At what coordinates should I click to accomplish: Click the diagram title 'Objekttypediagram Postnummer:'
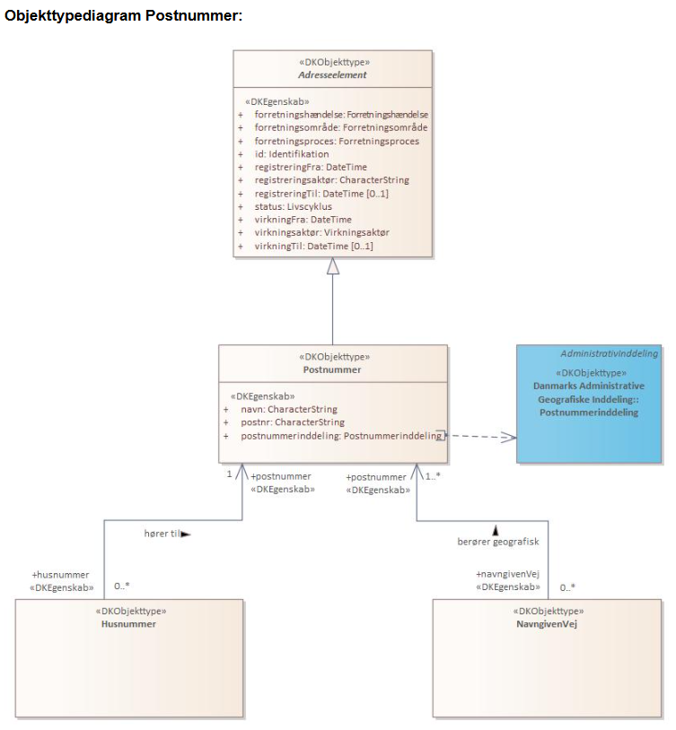[x=124, y=17]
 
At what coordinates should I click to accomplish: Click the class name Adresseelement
[x=333, y=75]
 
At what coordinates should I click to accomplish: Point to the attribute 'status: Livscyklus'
[x=293, y=206]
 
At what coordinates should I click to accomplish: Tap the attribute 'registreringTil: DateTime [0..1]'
[x=320, y=194]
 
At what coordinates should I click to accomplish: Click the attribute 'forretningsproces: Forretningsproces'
[x=336, y=142]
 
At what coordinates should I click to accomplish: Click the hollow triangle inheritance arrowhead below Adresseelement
[x=333, y=266]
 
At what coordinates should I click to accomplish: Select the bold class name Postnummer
[x=332, y=369]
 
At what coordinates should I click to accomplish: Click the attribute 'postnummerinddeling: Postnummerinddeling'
[x=341, y=436]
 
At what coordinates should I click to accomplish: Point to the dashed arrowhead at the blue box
[x=509, y=437]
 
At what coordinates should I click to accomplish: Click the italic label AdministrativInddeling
[x=609, y=353]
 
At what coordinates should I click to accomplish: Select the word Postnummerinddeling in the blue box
[x=589, y=413]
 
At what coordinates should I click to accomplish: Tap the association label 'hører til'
[x=162, y=534]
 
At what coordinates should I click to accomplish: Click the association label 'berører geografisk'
[x=497, y=542]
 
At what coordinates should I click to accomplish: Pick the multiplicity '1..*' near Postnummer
[x=433, y=475]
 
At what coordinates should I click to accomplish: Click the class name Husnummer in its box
[x=128, y=624]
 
